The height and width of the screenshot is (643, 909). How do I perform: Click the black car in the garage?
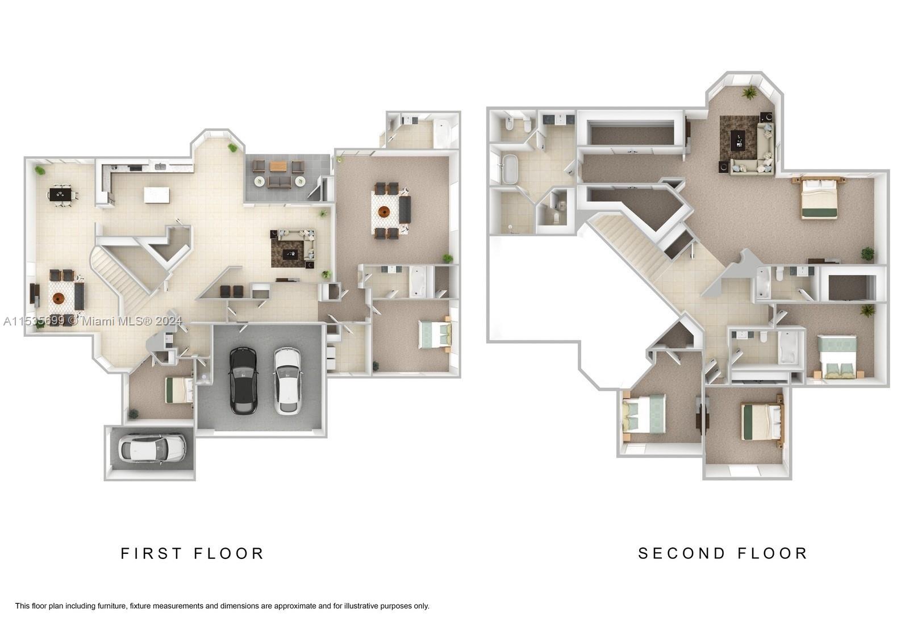click(x=243, y=381)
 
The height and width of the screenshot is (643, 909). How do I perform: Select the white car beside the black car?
click(x=287, y=381)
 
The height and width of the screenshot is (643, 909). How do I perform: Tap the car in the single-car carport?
click(x=152, y=448)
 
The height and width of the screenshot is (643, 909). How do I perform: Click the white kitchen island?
click(x=157, y=195)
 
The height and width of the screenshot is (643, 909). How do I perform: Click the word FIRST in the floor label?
click(x=151, y=553)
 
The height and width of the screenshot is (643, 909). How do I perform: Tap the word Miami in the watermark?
click(x=97, y=321)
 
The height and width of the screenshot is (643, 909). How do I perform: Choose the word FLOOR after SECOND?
click(x=772, y=553)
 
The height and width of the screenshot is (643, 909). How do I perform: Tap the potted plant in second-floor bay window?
click(x=749, y=93)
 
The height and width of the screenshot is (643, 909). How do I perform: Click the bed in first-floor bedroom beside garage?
click(x=179, y=390)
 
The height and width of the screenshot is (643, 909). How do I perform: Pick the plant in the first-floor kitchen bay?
click(x=233, y=148)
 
